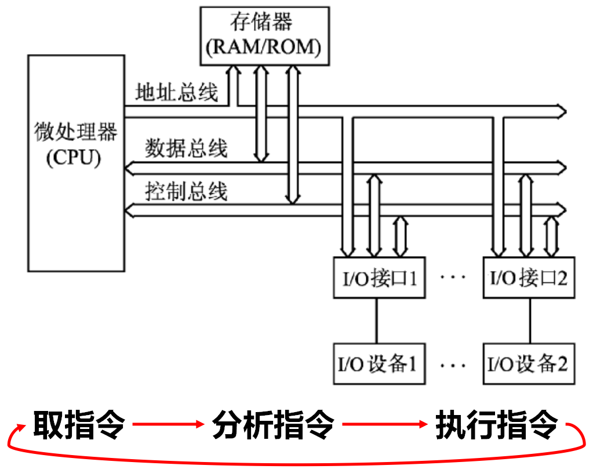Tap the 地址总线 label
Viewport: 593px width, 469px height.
click(176, 92)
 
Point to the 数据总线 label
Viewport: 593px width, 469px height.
click(186, 149)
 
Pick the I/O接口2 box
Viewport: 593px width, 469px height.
click(529, 277)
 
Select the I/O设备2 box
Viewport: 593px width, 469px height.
click(529, 364)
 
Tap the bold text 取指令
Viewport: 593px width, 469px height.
click(79, 425)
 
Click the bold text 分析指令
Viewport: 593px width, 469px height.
click(273, 425)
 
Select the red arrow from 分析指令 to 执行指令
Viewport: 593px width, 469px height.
click(383, 425)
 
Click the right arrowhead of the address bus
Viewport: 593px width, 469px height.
click(561, 110)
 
